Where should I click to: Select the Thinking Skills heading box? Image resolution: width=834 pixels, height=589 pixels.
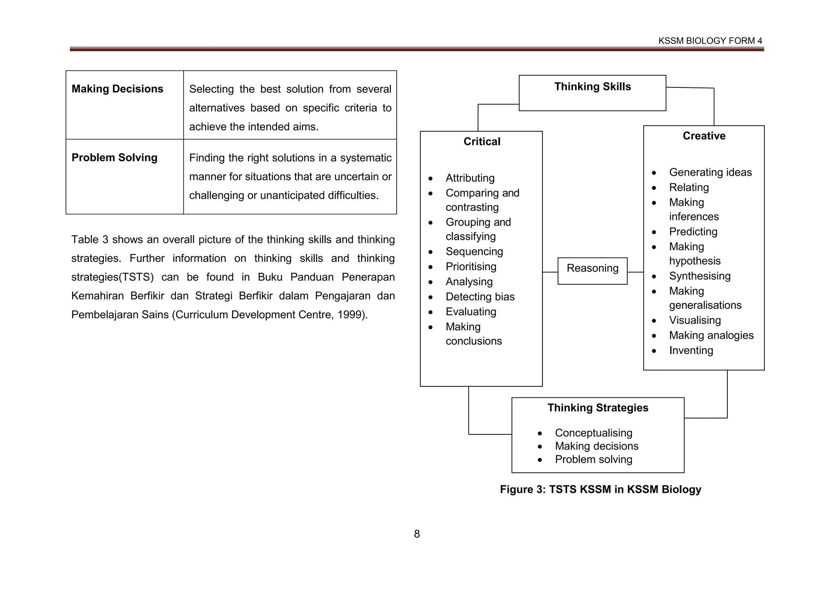[x=592, y=92]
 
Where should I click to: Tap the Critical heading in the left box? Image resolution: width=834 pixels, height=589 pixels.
[x=482, y=142]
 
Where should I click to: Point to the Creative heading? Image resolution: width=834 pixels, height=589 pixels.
[x=704, y=136]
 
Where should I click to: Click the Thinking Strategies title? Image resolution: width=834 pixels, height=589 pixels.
[x=597, y=408]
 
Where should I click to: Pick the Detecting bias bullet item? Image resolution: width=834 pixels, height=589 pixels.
[x=480, y=297]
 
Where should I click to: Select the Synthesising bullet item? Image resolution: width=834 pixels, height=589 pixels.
[x=700, y=276]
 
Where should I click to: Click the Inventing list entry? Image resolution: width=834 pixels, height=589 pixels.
[x=691, y=350]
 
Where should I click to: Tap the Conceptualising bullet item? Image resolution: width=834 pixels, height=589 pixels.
[x=593, y=433]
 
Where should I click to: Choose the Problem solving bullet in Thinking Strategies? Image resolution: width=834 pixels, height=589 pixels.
[x=593, y=459]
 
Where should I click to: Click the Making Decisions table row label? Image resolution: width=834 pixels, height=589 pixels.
[x=117, y=89]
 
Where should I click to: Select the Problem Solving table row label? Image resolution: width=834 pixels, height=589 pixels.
[x=114, y=157]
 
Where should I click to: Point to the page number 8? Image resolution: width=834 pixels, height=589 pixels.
[x=417, y=534]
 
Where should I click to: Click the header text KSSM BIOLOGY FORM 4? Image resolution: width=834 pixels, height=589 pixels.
[x=710, y=41]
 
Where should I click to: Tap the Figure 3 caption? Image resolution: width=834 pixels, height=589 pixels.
[x=600, y=489]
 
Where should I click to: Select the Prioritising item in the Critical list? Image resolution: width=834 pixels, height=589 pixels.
[x=471, y=266]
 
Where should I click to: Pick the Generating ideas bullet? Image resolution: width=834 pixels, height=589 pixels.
[x=710, y=172]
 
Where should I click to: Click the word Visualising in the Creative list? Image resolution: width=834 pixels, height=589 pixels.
[x=695, y=320]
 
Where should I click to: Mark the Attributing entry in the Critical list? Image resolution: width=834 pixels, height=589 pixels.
[x=470, y=178]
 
